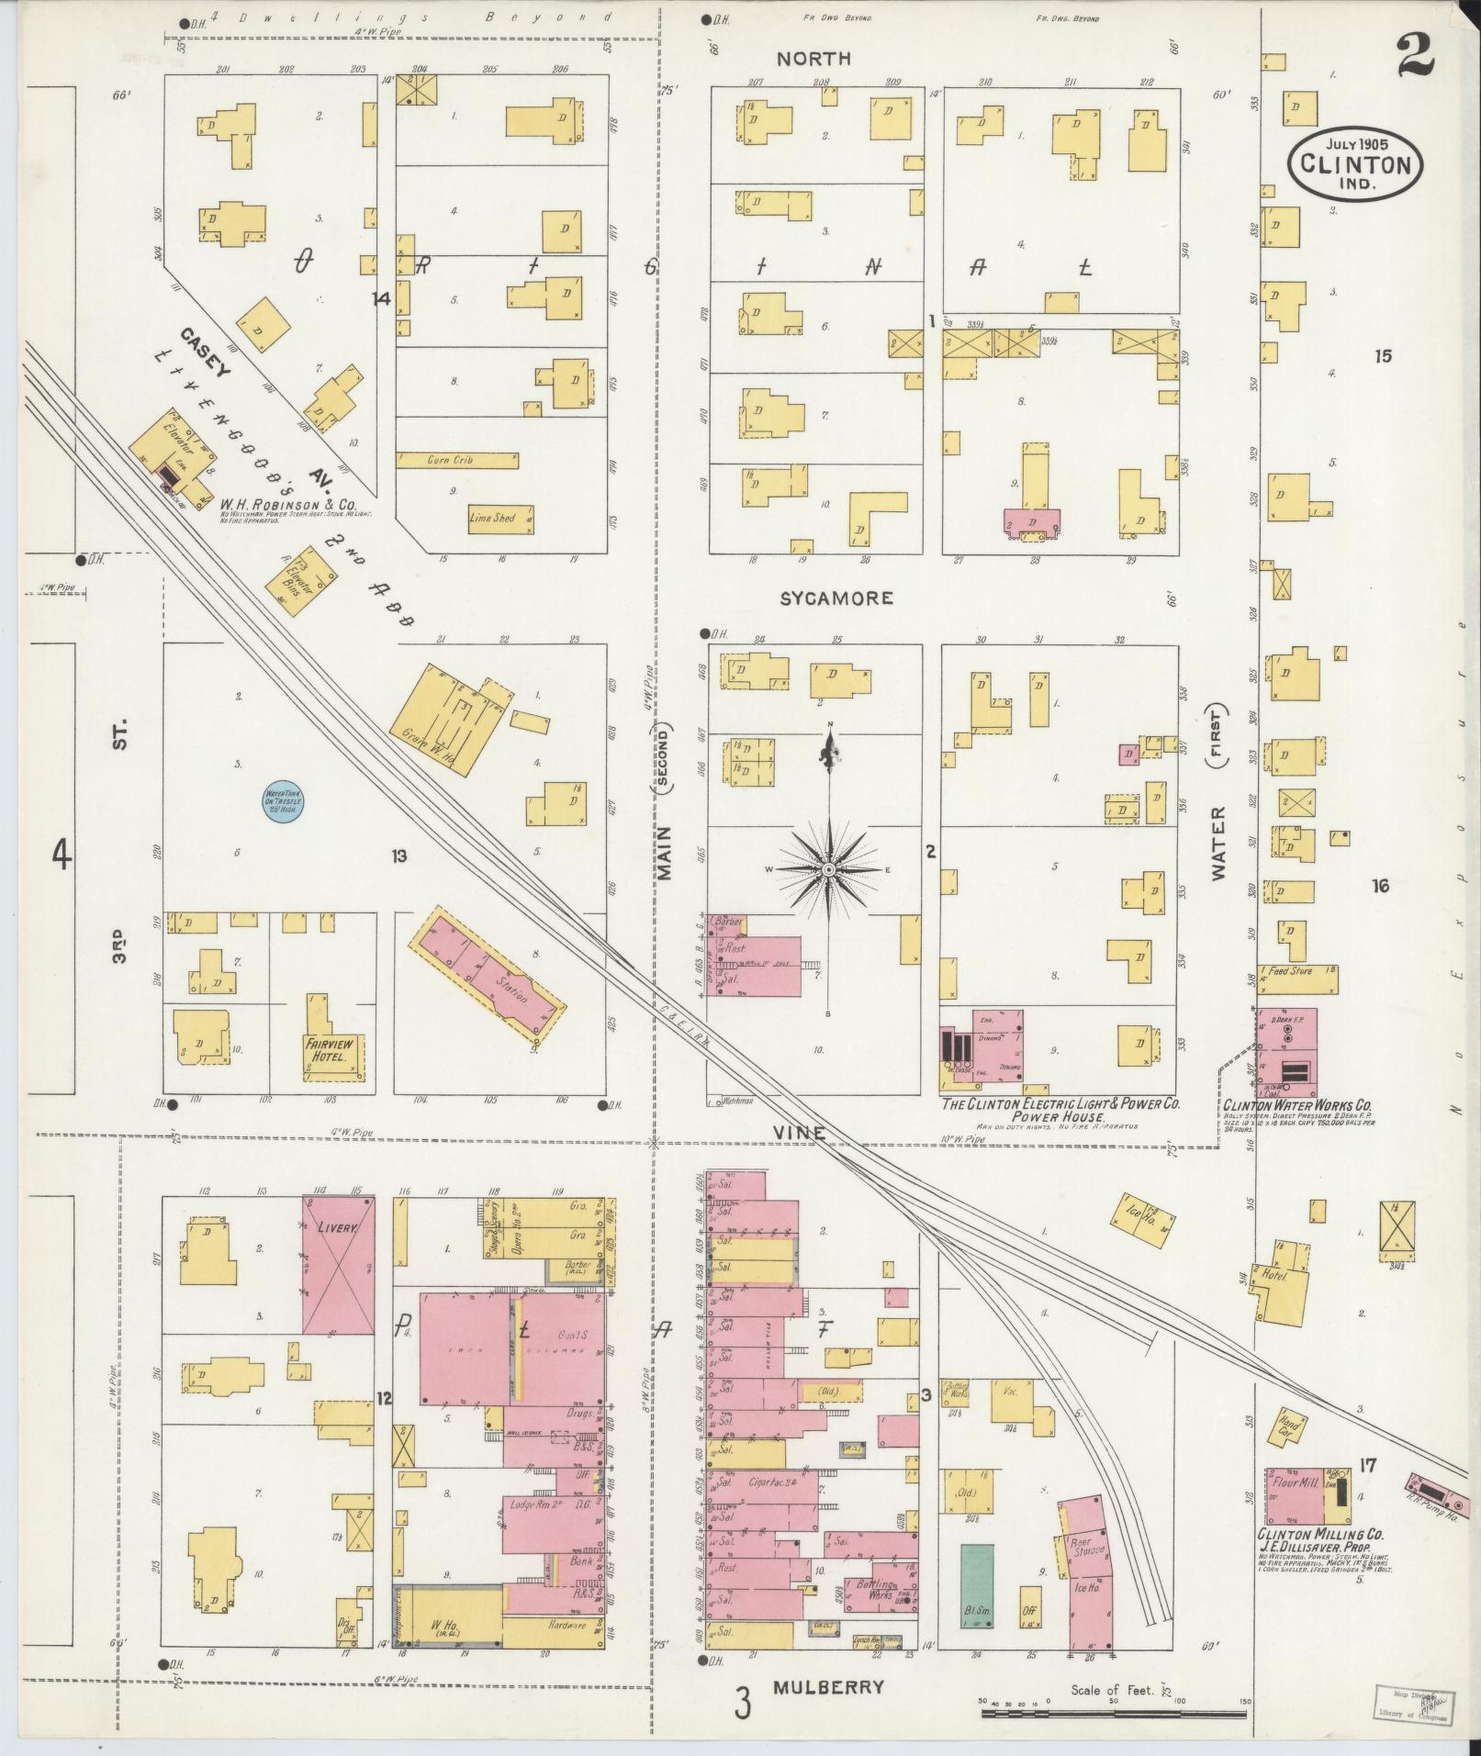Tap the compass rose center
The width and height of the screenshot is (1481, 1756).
pos(828,868)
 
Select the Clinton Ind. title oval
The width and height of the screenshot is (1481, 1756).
pos(1355,163)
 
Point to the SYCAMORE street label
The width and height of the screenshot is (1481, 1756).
pos(836,598)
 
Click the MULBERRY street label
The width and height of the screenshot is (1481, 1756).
pos(828,1687)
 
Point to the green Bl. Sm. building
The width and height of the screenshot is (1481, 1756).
pos(976,1584)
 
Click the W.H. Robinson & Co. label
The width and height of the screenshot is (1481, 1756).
pos(288,504)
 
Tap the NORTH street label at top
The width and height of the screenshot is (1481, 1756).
pos(813,59)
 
